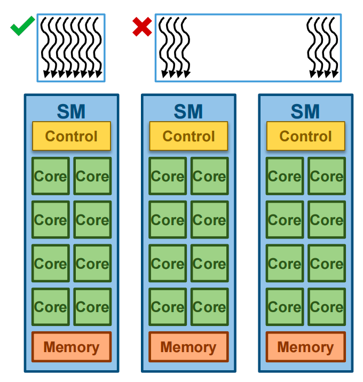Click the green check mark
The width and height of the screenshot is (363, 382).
[x=22, y=25]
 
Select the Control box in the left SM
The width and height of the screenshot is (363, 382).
[x=72, y=136]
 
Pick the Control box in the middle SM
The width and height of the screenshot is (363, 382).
[x=188, y=136]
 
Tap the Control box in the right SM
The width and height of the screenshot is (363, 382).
[x=306, y=136]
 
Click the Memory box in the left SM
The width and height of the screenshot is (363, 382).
[x=72, y=347]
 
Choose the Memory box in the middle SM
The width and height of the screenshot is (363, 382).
[x=188, y=347]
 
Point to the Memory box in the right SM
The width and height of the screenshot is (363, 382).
[x=306, y=347]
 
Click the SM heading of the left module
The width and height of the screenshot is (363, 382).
[x=71, y=112]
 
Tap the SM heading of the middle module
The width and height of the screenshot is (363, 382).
[x=188, y=112]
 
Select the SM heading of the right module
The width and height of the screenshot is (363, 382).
[x=305, y=112]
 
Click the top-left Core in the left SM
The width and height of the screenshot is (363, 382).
[x=51, y=176]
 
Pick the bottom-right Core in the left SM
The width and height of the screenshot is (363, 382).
[x=92, y=307]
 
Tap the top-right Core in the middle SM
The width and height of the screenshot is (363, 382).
[x=209, y=176]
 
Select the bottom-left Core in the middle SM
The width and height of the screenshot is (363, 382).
[x=168, y=307]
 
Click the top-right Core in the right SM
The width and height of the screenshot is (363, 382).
[x=327, y=176]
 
